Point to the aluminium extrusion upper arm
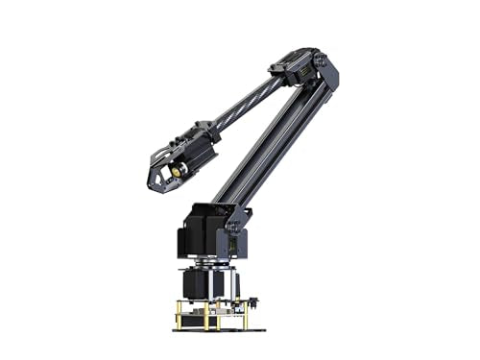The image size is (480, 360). click(x=278, y=134)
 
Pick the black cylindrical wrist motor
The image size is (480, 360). click(x=193, y=159)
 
